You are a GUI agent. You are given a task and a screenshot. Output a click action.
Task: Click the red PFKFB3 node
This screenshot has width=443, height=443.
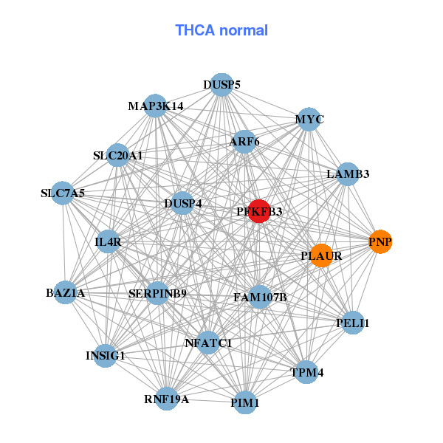(259, 211)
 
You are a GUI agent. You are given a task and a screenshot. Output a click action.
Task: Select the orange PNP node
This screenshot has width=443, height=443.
(380, 242)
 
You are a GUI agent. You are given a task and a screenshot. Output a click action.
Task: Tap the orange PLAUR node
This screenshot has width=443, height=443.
(321, 256)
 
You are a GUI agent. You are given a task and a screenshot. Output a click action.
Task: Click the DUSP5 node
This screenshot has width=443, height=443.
(221, 85)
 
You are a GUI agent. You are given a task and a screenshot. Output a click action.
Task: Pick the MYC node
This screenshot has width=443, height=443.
(309, 120)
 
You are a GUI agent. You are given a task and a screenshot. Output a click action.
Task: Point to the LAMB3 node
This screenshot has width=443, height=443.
(348, 174)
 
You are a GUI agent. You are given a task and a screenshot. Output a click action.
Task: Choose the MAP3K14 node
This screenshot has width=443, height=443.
(155, 106)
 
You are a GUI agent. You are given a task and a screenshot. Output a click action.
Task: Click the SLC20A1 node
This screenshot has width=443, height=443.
(118, 156)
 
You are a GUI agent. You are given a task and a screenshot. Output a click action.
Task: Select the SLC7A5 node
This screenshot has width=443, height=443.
(63, 193)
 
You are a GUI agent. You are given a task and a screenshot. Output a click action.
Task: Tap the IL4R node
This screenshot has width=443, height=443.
(109, 241)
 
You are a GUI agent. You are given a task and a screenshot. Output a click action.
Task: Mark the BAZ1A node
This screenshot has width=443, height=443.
(66, 293)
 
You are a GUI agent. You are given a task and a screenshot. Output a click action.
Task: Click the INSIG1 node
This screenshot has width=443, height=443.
(106, 355)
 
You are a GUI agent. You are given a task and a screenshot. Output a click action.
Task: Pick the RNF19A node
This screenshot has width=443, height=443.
(167, 399)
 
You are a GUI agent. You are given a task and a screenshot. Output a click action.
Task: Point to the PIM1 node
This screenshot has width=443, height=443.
(244, 403)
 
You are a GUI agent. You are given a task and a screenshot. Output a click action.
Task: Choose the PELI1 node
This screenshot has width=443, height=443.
(352, 323)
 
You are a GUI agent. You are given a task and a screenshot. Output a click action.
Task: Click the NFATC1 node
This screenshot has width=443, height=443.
(208, 343)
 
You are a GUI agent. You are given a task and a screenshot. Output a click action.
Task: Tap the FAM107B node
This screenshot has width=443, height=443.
(259, 298)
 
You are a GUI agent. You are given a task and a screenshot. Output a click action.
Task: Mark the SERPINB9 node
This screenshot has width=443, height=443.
(157, 293)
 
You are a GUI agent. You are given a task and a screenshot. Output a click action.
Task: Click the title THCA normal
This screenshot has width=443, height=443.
(221, 30)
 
